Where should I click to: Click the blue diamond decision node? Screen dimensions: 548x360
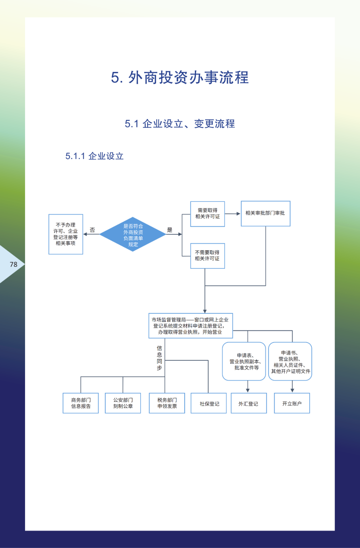tap(133, 234)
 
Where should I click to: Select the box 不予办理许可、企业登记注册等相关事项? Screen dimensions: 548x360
tap(66, 234)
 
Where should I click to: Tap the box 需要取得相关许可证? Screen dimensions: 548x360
tap(207, 214)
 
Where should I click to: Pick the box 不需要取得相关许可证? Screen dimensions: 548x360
tap(207, 256)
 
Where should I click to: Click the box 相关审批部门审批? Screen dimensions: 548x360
tap(265, 213)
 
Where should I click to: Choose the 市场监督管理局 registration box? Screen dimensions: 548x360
tap(190, 326)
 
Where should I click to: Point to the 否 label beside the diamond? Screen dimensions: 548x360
tap(92, 230)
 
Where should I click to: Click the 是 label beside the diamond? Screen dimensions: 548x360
tap(170, 230)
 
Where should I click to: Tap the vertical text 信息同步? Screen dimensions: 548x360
tap(159, 358)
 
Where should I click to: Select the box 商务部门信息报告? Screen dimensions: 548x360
tap(81, 403)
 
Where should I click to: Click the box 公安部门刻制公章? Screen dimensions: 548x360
tap(123, 403)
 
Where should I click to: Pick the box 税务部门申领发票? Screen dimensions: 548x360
tap(167, 403)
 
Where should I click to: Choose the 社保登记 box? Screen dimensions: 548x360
tap(209, 404)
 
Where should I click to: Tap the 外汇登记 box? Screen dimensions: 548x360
tap(248, 404)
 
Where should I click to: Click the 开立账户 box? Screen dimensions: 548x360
tap(292, 404)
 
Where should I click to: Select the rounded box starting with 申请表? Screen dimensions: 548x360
tap(244, 362)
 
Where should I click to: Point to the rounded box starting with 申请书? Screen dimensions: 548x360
tap(290, 362)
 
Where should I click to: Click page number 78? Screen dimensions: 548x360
tap(14, 264)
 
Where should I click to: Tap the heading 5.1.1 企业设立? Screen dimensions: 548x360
tap(94, 156)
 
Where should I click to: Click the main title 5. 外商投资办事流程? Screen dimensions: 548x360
tap(180, 78)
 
